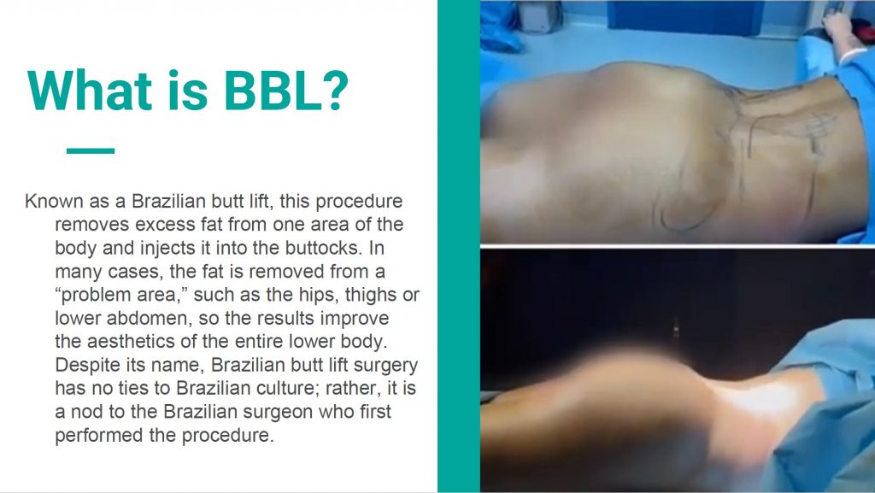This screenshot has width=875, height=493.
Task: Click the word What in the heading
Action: pyautogui.click(x=90, y=91)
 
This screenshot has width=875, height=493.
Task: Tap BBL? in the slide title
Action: pyautogui.click(x=286, y=91)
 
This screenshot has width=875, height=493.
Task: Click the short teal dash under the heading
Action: pyautogui.click(x=91, y=150)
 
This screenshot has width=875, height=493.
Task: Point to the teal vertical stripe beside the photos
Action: pyautogui.click(x=459, y=246)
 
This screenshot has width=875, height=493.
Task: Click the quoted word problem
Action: pyautogui.click(x=93, y=295)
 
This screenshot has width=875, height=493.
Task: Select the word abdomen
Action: pyautogui.click(x=147, y=319)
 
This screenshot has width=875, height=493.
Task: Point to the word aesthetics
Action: pyautogui.click(x=158, y=341)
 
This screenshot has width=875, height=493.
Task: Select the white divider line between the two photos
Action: pyautogui.click(x=678, y=246)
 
